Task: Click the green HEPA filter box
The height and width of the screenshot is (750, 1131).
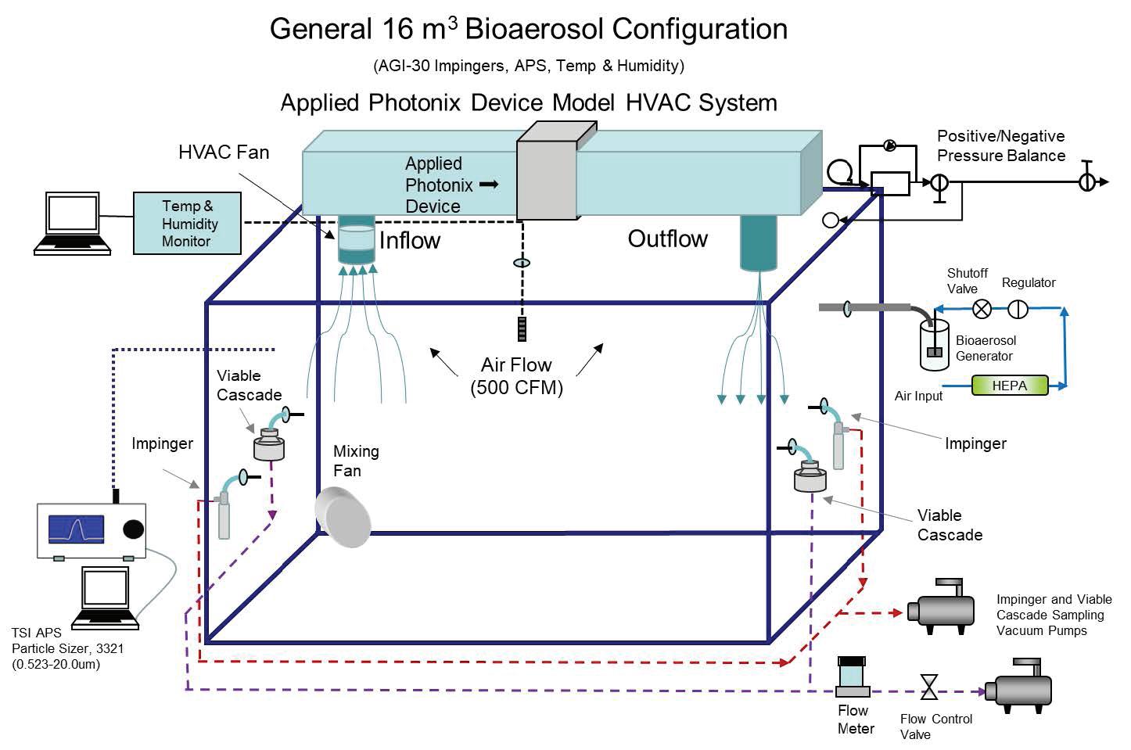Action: click(x=1009, y=386)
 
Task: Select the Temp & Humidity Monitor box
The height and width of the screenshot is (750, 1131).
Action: click(x=187, y=224)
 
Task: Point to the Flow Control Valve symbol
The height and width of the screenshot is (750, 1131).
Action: click(x=929, y=687)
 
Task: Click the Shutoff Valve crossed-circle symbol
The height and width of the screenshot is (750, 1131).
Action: click(x=982, y=309)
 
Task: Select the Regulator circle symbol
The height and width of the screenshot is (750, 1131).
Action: click(x=1018, y=309)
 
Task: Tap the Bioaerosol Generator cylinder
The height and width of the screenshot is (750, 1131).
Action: click(x=934, y=344)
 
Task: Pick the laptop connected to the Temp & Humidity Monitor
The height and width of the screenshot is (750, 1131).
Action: click(x=73, y=223)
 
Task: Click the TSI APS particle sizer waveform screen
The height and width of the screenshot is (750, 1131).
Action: click(x=76, y=529)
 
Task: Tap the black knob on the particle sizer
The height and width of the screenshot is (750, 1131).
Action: click(x=134, y=529)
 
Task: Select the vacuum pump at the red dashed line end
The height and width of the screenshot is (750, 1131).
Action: click(x=941, y=607)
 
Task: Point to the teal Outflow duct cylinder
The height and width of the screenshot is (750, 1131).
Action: click(x=759, y=242)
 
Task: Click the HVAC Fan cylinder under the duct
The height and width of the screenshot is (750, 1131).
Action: click(x=357, y=242)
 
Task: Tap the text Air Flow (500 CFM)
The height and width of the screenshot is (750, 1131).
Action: click(x=516, y=376)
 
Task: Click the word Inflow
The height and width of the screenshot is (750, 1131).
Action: click(x=409, y=241)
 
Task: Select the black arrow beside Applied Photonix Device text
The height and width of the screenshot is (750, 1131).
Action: click(x=488, y=185)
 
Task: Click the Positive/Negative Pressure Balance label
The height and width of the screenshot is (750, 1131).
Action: click(x=1001, y=145)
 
